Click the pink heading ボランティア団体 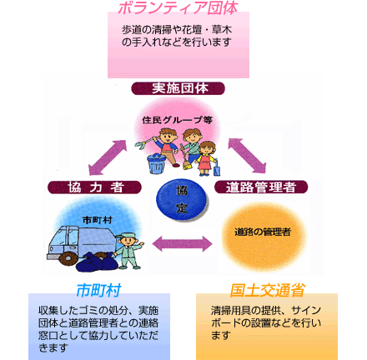click(x=178, y=7)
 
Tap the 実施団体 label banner click(x=178, y=88)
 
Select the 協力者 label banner click(x=94, y=187)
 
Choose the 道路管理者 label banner click(x=261, y=187)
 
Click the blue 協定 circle click(x=182, y=199)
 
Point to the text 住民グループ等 click(x=178, y=120)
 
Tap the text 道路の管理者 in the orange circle click(x=263, y=232)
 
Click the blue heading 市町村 click(x=98, y=290)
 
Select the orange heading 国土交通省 click(x=267, y=290)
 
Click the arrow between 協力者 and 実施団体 click(x=108, y=157)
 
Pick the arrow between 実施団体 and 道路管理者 click(x=247, y=156)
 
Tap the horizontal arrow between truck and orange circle click(x=183, y=244)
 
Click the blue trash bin click(x=157, y=164)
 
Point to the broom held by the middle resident click(x=186, y=157)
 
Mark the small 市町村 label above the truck click(x=98, y=220)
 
